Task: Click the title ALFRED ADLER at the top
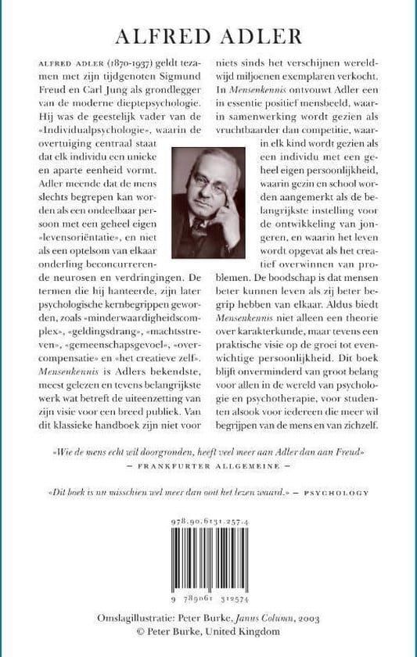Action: coord(208,36)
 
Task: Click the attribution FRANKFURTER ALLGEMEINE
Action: coord(207,464)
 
